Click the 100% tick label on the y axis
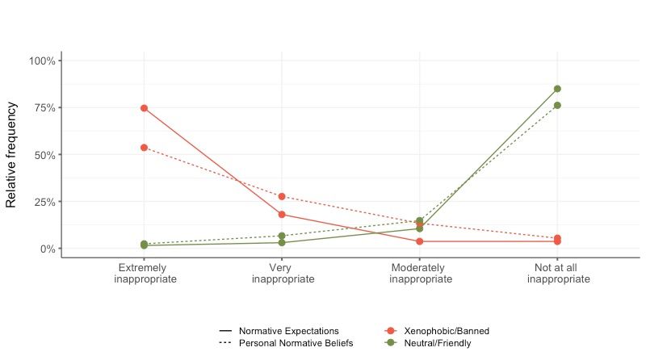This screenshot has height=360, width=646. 41,61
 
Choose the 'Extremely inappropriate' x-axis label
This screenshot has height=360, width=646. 144,273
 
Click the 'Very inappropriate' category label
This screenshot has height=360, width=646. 281,273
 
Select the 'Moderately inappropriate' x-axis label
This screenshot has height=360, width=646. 420,273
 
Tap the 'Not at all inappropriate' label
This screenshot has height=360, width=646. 558,273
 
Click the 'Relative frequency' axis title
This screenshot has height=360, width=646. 12,154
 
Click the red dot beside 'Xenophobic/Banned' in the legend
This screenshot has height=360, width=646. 391,331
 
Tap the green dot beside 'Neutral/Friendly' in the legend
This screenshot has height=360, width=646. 391,343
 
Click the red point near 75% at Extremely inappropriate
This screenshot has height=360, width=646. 144,108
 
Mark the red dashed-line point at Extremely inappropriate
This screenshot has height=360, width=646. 144,148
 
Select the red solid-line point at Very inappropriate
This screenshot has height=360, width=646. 282,215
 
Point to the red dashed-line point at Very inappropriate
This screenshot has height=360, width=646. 282,196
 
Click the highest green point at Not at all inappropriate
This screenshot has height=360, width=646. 557,89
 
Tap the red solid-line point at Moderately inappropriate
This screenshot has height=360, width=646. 420,241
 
